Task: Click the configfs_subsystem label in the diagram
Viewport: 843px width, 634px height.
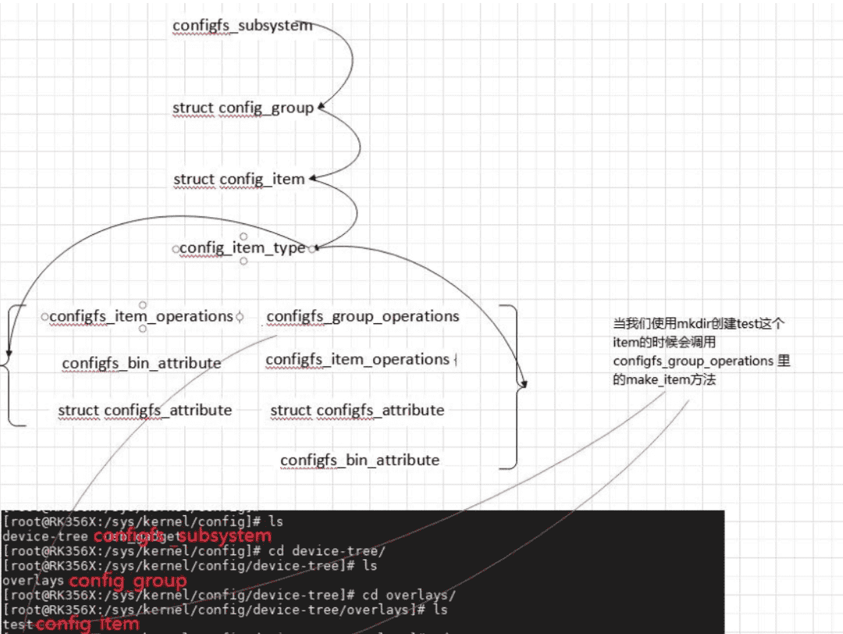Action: click(242, 26)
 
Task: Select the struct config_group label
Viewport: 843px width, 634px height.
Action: click(243, 109)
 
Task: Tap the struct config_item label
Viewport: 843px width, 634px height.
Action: click(239, 180)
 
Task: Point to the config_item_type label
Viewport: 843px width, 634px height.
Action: click(242, 248)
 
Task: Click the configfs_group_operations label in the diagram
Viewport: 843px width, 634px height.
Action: click(362, 316)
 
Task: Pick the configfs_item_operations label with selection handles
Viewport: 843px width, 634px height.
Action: click(140, 316)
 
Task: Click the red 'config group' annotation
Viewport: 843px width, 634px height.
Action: click(128, 582)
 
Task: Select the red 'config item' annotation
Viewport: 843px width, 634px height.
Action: click(87, 624)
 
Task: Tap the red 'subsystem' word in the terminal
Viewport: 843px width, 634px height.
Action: click(225, 536)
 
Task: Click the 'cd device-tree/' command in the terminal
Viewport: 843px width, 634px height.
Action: click(337, 550)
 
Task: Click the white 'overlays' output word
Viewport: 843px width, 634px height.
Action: click(34, 581)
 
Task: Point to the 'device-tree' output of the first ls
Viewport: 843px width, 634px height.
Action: click(44, 536)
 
